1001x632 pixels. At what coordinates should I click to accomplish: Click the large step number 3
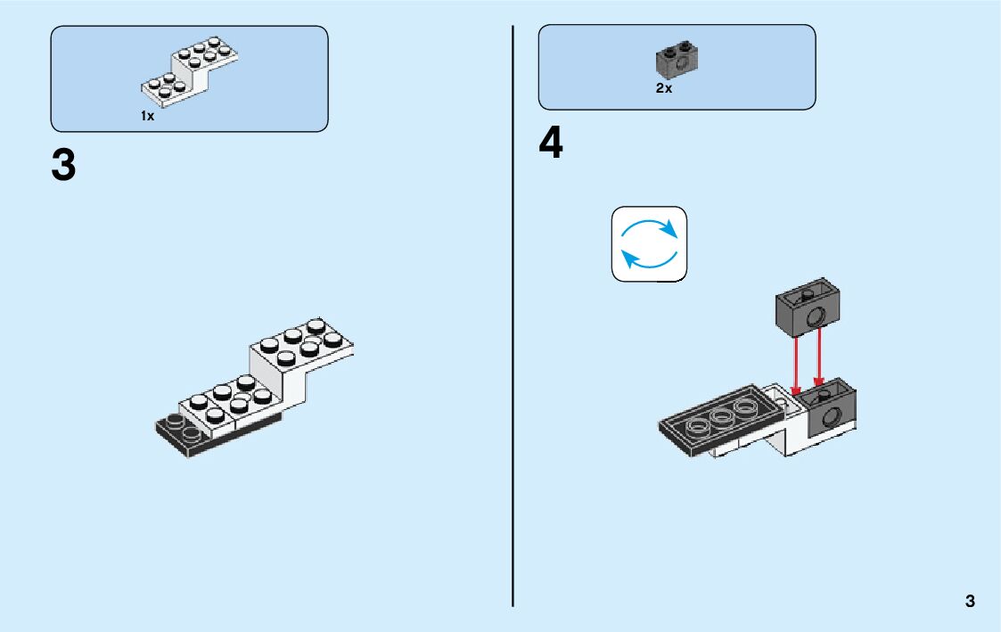tap(64, 166)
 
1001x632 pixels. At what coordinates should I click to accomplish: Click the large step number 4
tap(551, 144)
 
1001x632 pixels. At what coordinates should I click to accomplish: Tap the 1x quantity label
tap(147, 116)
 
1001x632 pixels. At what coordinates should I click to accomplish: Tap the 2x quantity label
tap(663, 88)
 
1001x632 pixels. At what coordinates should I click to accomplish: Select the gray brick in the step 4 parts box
tap(677, 60)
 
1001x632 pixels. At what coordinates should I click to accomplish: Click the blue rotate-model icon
tap(650, 244)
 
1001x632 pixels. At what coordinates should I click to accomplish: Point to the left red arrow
tap(796, 365)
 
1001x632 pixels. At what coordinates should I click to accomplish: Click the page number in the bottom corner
tap(970, 601)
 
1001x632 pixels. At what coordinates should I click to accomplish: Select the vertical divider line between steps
tap(513, 357)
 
